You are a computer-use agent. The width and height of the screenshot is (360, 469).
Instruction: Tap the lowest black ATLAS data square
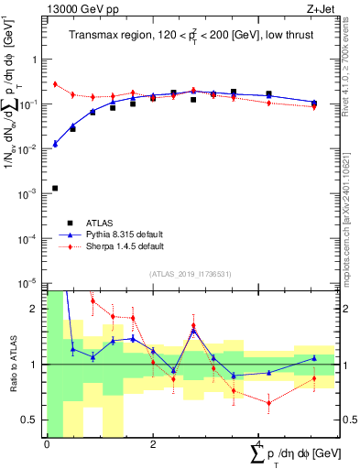(55, 188)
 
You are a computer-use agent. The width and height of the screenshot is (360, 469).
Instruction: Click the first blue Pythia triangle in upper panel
(55, 144)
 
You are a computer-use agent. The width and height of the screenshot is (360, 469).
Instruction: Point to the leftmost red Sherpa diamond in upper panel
(55, 84)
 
